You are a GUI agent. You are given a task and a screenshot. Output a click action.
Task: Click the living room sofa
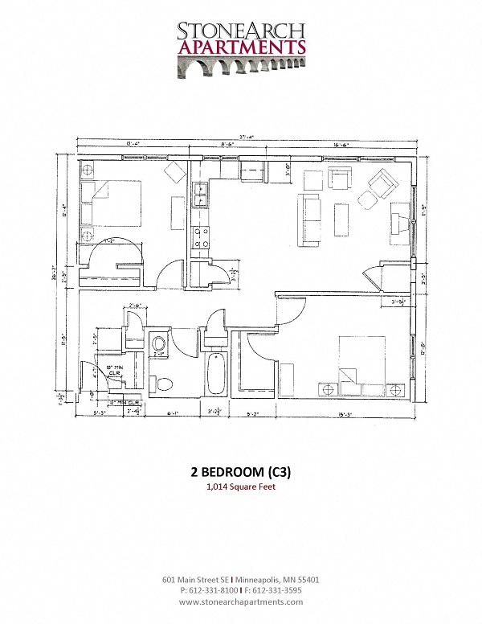point(309,219)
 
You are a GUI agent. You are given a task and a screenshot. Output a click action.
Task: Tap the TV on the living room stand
point(399,223)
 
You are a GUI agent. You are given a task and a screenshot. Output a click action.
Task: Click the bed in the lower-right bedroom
point(363,362)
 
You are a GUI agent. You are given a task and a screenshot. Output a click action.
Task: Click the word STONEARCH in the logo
point(241,31)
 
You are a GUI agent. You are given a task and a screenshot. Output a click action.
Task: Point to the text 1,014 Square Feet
point(241,487)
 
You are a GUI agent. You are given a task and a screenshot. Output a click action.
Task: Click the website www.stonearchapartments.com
point(241,601)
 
